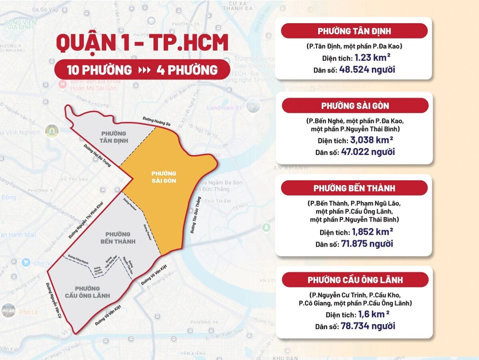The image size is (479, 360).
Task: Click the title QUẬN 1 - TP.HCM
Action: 142,44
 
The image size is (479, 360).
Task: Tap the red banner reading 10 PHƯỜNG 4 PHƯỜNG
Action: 142,70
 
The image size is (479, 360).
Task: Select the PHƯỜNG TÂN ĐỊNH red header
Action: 354,31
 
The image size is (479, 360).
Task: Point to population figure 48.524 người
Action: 367,70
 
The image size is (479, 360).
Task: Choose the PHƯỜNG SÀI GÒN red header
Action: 355,106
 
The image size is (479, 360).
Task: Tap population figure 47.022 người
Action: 367,152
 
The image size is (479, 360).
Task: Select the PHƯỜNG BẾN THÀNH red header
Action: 354,188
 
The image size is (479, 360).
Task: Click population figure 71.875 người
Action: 367,244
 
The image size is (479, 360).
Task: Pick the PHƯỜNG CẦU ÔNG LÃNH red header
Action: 355,280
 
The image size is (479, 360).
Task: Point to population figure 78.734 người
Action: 368,326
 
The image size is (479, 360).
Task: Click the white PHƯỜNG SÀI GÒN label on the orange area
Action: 164,177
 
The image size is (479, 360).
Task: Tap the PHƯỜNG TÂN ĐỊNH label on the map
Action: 114,137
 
